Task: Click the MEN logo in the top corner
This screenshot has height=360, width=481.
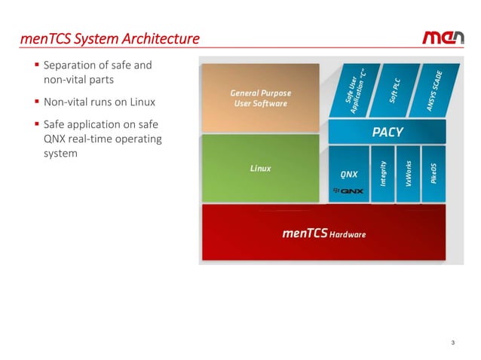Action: pos(444,38)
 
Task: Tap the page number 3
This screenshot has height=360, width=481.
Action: pos(452,343)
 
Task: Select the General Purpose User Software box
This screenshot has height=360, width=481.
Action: pos(259,97)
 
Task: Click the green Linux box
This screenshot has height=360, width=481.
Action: pos(260,168)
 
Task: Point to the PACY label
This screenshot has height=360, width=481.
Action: pos(388,132)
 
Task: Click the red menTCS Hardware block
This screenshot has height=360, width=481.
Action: pos(323,233)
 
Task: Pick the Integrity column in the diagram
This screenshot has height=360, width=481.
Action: pos(384,174)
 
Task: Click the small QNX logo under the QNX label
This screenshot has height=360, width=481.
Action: pos(348,191)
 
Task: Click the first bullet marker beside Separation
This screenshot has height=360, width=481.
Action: pos(37,66)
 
